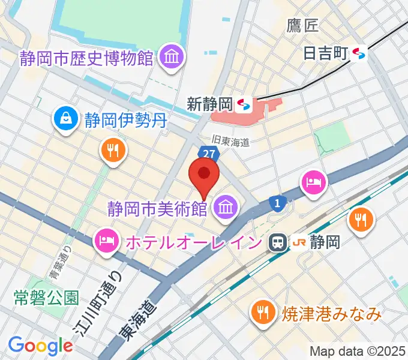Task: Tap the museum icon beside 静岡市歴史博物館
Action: [x=172, y=58]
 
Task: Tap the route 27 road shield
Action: [x=208, y=154]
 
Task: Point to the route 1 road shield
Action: [x=276, y=204]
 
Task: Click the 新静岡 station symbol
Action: [x=244, y=105]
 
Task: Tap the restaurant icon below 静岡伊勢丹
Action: [x=112, y=150]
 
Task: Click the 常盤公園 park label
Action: [x=46, y=297]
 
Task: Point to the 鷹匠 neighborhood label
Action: [x=303, y=25]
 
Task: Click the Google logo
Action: [x=40, y=346]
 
